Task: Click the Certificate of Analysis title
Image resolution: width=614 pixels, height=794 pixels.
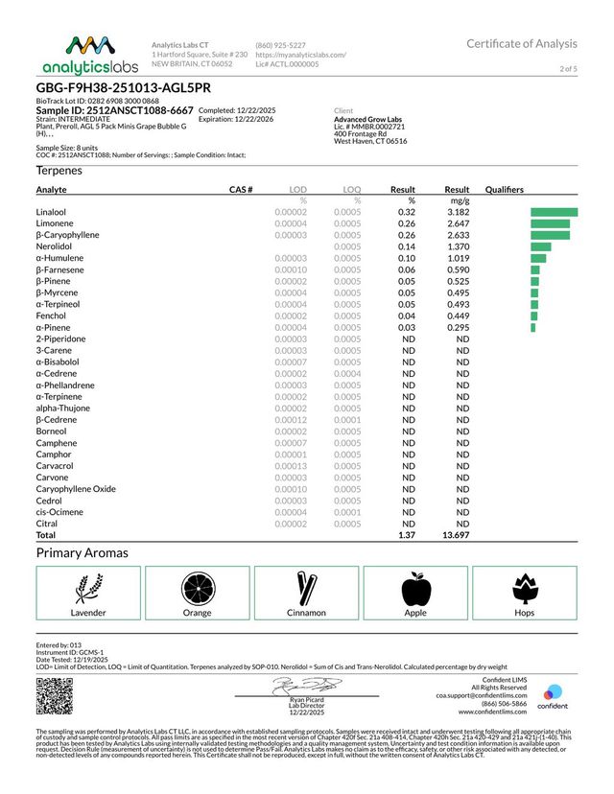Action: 522,43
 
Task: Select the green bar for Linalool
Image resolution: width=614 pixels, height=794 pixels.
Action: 554,211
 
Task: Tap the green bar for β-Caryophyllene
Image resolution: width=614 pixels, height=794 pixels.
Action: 550,234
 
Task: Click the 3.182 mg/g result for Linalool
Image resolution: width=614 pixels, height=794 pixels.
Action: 457,211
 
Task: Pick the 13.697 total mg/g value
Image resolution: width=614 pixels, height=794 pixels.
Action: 455,535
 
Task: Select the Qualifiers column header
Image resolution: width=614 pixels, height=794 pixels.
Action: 505,190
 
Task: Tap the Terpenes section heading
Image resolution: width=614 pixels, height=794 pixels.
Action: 59,170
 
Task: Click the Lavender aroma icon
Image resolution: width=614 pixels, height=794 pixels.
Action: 88,586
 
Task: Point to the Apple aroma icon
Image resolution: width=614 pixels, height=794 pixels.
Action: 415,586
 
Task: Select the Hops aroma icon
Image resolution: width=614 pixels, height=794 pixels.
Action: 525,586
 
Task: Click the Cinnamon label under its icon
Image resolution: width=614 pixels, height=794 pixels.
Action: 306,612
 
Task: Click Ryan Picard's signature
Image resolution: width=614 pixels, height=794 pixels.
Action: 305,687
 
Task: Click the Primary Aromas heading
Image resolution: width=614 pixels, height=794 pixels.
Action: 82,553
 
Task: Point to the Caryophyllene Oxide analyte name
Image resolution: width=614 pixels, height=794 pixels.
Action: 76,489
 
